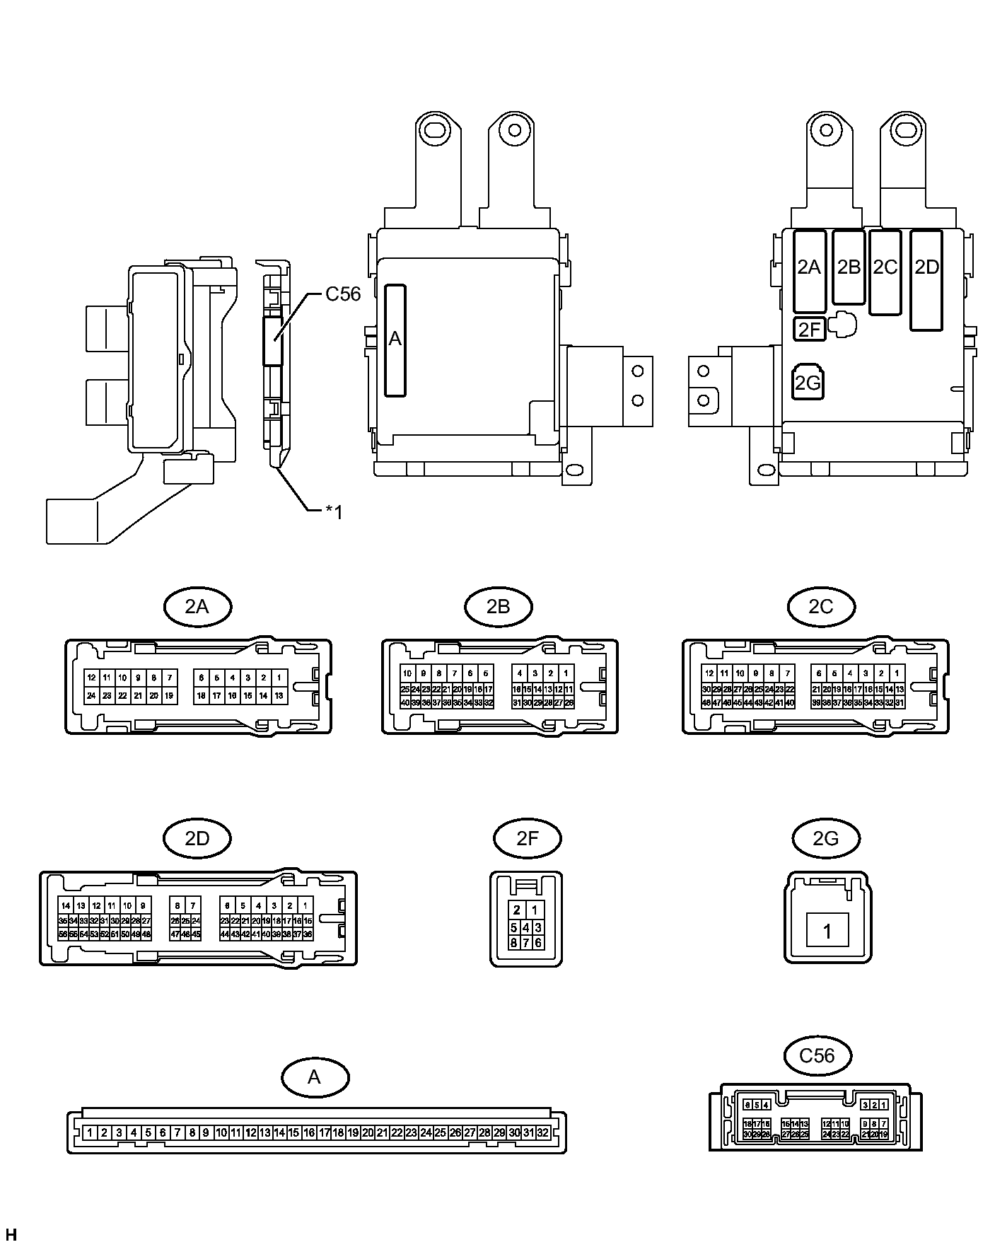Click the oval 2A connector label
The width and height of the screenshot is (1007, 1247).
197,606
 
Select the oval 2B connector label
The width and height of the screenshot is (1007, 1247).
499,606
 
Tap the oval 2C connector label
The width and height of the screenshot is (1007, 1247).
821,606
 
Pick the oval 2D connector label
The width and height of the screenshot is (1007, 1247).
197,838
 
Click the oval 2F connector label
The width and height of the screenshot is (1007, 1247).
527,838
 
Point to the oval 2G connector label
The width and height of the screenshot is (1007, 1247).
826,838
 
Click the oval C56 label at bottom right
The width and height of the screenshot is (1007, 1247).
817,1056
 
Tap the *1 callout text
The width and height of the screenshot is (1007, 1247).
334,512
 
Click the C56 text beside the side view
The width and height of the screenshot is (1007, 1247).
343,294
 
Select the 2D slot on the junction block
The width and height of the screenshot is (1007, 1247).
926,280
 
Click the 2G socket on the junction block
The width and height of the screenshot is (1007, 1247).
808,383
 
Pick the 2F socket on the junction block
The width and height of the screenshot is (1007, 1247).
810,329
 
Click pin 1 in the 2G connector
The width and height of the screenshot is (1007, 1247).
827,932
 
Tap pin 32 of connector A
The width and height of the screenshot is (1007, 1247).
542,1132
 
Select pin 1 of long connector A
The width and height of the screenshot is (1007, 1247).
90,1132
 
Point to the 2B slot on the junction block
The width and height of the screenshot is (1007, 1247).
849,267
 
